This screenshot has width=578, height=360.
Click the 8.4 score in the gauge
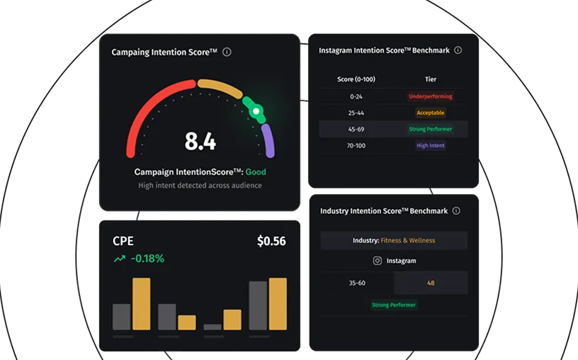[200, 141]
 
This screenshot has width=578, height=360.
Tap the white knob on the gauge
[256, 111]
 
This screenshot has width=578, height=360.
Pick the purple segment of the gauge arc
[268, 140]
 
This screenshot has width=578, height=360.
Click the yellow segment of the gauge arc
[220, 87]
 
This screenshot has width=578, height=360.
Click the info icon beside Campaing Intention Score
[227, 52]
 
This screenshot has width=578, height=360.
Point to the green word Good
[256, 172]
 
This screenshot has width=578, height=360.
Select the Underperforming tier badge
[431, 96]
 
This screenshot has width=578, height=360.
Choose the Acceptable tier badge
[431, 113]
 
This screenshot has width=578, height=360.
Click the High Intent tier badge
[431, 145]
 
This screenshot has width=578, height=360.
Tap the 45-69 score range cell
[356, 129]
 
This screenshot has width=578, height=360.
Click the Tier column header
[431, 79]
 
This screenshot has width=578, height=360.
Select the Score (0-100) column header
[356, 79]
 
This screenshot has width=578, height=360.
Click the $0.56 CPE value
[271, 241]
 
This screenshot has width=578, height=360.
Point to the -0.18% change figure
[147, 258]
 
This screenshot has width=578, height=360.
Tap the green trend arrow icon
[120, 259]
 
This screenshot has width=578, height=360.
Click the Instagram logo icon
[377, 261]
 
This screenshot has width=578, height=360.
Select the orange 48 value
[431, 283]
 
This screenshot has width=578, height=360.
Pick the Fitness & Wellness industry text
[408, 240]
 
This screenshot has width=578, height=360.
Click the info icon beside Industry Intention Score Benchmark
[456, 210]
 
